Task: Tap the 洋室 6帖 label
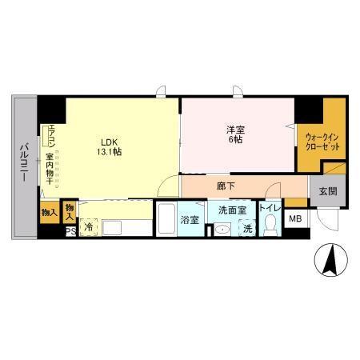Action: coord(234,133)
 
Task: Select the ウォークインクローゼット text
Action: coord(322,141)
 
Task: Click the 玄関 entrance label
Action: coord(327,191)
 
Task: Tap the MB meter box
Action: coord(295,218)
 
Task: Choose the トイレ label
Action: coord(269,208)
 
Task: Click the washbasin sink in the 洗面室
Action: coord(222,229)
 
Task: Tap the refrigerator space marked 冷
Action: coord(89,227)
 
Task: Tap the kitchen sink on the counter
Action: coord(111,227)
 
